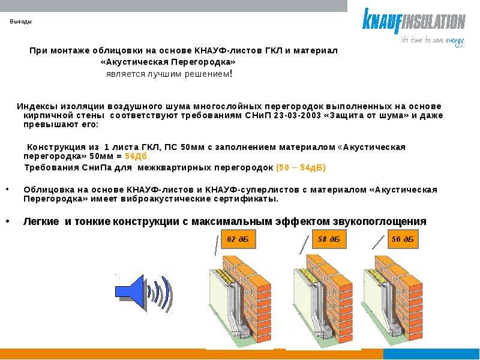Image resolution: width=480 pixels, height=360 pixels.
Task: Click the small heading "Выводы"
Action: click(20, 22)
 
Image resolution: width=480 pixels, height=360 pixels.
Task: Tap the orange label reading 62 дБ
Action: click(238, 239)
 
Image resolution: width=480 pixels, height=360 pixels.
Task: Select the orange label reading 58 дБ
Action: click(329, 239)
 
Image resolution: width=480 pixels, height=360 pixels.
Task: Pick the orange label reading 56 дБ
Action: click(403, 239)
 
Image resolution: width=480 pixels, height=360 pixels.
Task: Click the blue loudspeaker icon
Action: click(144, 293)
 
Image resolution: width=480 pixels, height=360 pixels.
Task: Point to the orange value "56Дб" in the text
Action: click(136, 156)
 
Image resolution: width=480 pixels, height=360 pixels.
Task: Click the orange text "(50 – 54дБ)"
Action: click(301, 168)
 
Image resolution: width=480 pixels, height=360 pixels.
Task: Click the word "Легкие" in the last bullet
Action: click(41, 221)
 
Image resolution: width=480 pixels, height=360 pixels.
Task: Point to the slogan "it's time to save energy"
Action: click(433, 41)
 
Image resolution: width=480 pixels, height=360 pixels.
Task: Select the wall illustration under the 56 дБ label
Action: click(393, 299)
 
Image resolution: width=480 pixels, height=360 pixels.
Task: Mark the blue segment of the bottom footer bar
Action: click(431, 354)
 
